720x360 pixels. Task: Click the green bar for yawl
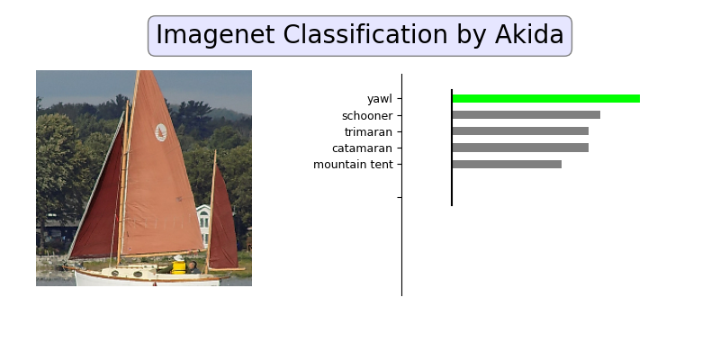click(545, 98)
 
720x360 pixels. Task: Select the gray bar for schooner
click(526, 115)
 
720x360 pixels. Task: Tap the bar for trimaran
click(520, 131)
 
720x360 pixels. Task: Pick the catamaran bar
click(520, 148)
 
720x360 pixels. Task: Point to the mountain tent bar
click(507, 164)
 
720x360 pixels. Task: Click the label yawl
click(379, 99)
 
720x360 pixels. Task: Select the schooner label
click(366, 115)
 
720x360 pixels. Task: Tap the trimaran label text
click(367, 131)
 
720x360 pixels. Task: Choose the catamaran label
click(362, 148)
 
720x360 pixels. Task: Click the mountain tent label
click(353, 165)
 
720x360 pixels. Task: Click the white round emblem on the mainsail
click(161, 132)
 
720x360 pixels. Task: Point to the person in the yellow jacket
click(179, 265)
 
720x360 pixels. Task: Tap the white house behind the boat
click(203, 224)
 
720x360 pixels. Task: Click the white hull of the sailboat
click(144, 278)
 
